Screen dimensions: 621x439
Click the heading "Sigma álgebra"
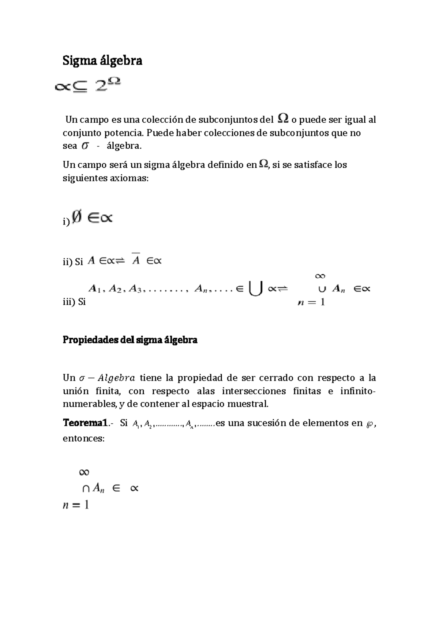(x=102, y=60)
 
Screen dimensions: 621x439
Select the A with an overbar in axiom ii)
(x=136, y=260)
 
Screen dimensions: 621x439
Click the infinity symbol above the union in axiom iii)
(x=320, y=276)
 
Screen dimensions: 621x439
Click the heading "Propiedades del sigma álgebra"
(x=130, y=340)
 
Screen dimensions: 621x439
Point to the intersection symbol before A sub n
(x=86, y=488)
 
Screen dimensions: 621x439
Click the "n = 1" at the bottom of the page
(x=76, y=505)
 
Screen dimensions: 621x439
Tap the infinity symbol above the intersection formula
(x=84, y=472)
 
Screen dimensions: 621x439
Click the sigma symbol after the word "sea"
(x=85, y=146)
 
